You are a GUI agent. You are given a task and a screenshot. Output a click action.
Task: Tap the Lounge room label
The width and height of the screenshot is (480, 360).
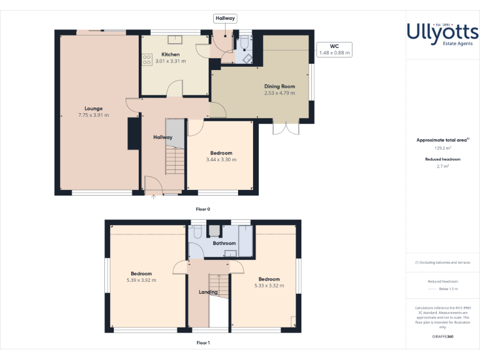tap(94, 108)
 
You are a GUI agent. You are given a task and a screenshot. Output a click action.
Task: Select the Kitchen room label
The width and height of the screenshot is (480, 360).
tap(171, 54)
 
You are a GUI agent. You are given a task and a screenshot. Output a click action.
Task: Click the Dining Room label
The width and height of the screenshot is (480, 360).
tap(279, 86)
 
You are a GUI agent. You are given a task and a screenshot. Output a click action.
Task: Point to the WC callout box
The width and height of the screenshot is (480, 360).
tap(334, 49)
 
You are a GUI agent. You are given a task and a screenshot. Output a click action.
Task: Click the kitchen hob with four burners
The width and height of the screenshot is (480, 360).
tap(147, 60)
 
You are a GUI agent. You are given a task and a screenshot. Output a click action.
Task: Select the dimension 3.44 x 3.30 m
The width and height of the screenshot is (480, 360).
tap(221, 160)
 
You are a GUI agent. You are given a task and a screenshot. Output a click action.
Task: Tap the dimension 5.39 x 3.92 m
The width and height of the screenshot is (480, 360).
tap(141, 280)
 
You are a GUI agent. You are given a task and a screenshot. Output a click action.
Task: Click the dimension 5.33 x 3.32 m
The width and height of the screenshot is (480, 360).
tap(269, 286)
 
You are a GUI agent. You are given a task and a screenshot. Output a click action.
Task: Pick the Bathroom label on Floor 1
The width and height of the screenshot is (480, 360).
tap(224, 243)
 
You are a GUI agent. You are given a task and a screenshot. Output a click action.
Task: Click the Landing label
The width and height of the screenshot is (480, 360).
tap(208, 292)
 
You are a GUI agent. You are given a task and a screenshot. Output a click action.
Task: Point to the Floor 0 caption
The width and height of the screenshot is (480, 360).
tap(203, 208)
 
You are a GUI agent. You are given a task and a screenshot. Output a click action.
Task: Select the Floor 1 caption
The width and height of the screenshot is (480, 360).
tap(203, 342)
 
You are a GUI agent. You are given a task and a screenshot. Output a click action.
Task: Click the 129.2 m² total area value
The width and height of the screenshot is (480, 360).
tap(442, 148)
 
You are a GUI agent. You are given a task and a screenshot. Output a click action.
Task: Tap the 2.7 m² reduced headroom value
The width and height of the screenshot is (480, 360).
tap(442, 166)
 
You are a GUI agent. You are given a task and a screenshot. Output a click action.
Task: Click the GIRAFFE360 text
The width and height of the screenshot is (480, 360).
tap(442, 337)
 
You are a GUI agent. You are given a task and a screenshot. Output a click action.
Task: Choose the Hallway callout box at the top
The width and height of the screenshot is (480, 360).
tap(225, 19)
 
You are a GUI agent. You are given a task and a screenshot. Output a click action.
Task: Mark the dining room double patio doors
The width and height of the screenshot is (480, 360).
tap(283, 128)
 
